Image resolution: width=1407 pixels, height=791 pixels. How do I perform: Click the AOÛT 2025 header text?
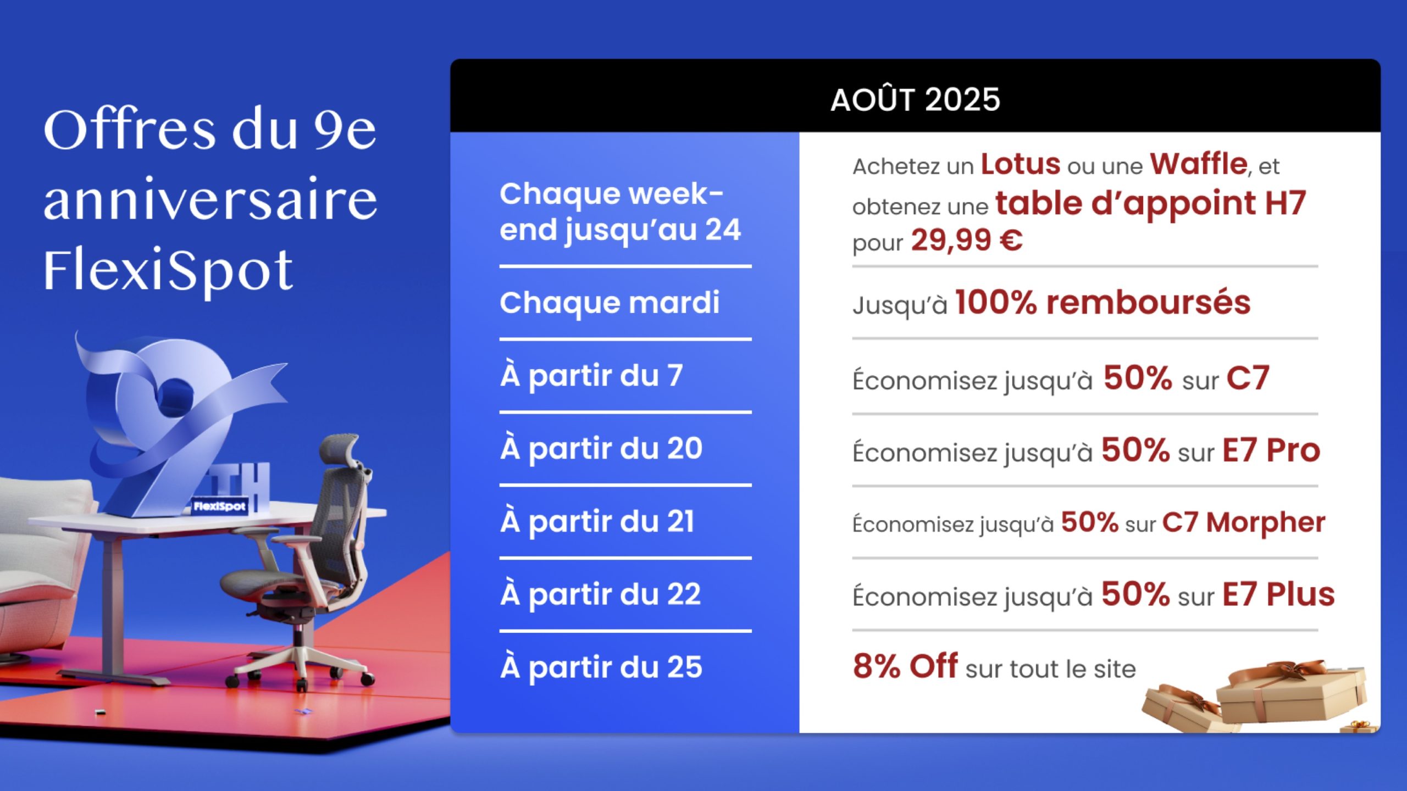pos(915,100)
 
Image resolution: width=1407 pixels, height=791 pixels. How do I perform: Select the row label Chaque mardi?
pos(609,303)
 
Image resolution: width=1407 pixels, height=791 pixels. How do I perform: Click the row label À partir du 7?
pos(591,376)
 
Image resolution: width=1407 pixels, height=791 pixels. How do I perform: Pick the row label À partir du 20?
pos(601,449)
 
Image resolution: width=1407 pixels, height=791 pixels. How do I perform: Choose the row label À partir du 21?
pos(597,522)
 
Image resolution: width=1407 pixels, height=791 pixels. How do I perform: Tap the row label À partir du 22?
pos(601,594)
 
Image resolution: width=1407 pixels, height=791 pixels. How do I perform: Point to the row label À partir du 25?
pos(601,667)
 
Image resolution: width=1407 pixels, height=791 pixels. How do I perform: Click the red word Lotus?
pos(1021,164)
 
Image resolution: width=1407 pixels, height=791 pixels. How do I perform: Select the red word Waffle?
pos(1199,164)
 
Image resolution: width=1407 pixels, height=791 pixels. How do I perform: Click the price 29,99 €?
pos(966,241)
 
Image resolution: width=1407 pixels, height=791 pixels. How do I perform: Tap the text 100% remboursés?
pos(1103,303)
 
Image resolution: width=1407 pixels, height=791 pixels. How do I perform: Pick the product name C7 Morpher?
pos(1243,522)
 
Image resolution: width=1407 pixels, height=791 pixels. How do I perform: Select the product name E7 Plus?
pos(1278,594)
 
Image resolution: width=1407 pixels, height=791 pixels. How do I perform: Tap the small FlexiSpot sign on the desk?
pos(220,506)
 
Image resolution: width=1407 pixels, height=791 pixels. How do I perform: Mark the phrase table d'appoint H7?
pos(1150,203)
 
